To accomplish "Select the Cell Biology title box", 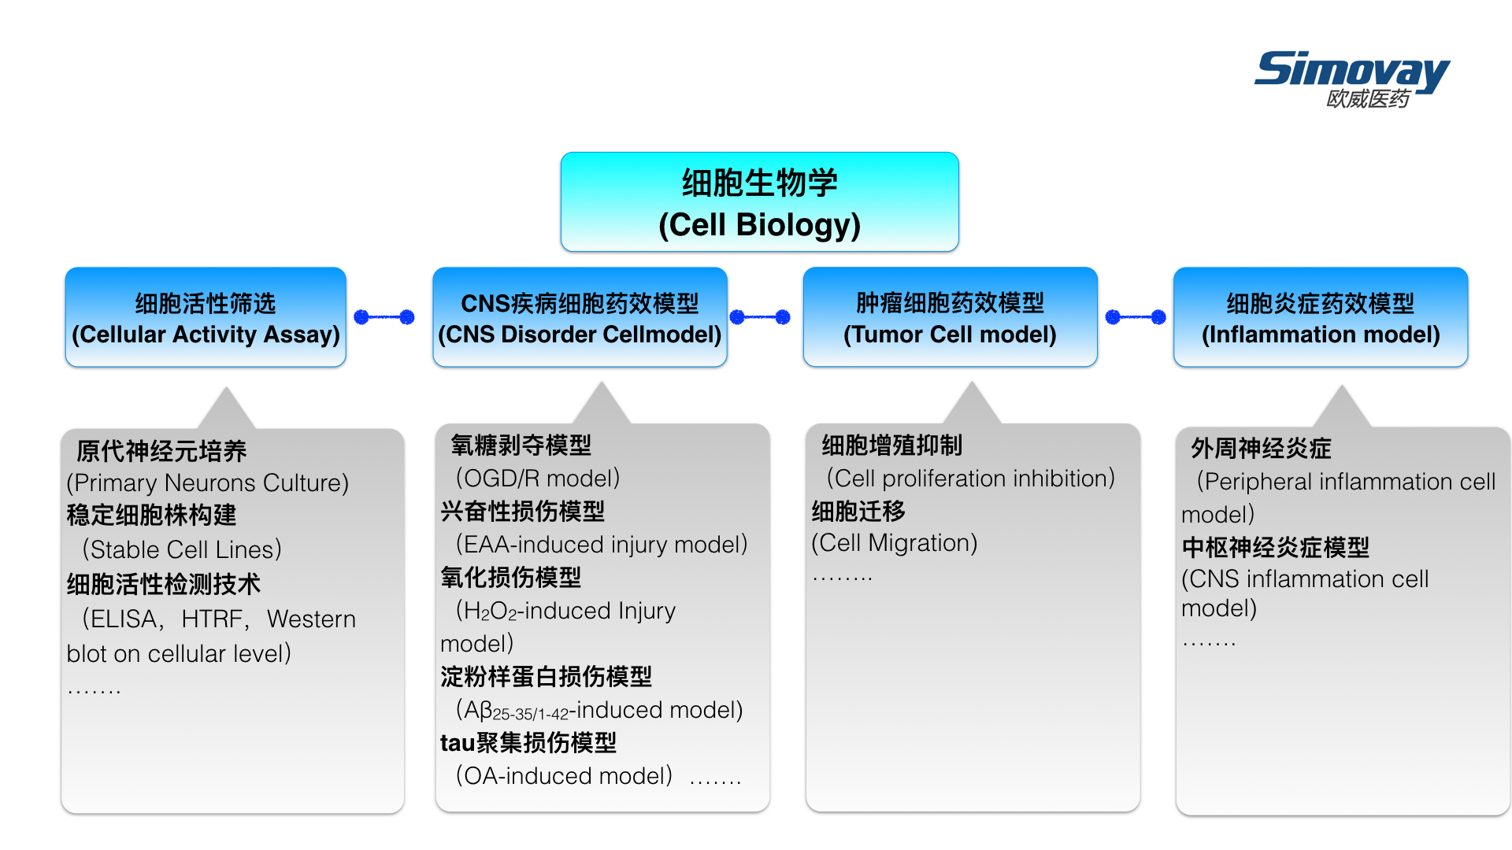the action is [x=759, y=202].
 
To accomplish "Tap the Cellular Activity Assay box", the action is [x=206, y=317].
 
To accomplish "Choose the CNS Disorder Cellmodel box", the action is [x=580, y=317].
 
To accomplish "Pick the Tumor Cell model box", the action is [x=950, y=317].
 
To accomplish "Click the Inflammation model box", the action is [x=1321, y=317].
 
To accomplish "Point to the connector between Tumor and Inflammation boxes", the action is [x=1136, y=317].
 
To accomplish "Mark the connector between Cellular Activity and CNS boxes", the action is [x=384, y=317].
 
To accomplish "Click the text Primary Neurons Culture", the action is [x=208, y=482].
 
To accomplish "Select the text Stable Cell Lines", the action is [x=182, y=549].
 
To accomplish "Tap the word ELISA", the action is [x=124, y=619].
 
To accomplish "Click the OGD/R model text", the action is [x=538, y=478].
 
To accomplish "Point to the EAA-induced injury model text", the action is [x=602, y=544].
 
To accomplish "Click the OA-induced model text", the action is [x=564, y=775].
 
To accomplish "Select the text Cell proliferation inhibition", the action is [x=971, y=478].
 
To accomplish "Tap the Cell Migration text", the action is [x=895, y=542].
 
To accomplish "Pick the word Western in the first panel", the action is [x=311, y=619].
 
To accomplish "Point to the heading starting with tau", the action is [x=528, y=742].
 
